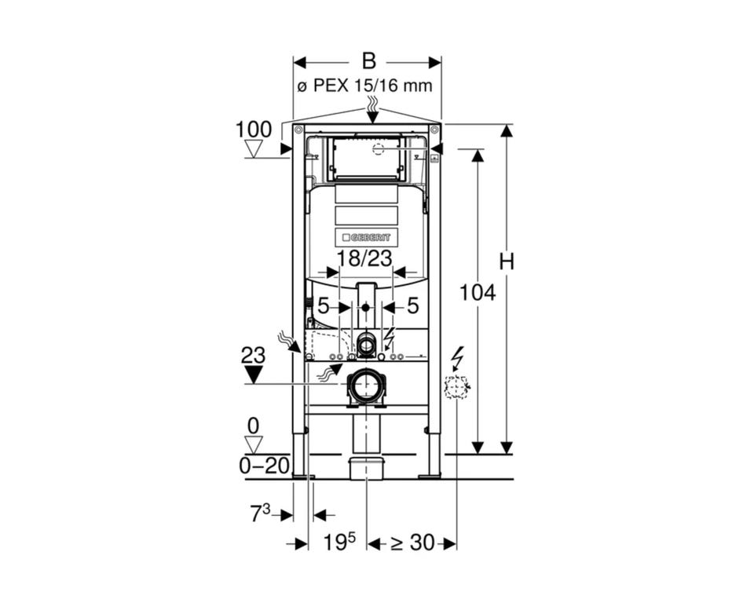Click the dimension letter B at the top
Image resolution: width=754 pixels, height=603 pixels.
368,61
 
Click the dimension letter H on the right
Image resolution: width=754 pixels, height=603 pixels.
507,262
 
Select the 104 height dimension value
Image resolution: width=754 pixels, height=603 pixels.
478,292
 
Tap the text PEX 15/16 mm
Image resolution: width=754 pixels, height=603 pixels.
372,86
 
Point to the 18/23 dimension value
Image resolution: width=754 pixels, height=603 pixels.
364,258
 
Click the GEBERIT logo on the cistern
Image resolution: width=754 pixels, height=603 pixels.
367,238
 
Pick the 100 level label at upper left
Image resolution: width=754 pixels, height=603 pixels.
254,130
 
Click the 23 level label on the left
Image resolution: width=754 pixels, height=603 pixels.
253,356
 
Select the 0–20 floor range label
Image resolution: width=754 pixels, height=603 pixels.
265,466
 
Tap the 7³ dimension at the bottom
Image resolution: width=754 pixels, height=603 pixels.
260,513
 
